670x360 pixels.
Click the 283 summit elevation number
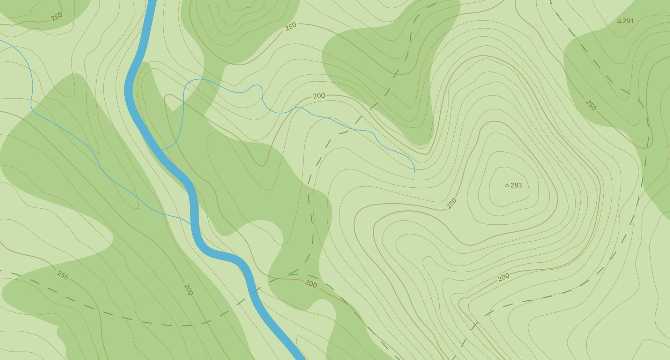(x=516, y=185)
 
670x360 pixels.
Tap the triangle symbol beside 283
(x=507, y=185)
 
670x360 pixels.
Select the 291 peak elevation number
(x=628, y=21)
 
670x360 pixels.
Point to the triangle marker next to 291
(x=619, y=21)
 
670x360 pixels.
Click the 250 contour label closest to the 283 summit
(x=451, y=203)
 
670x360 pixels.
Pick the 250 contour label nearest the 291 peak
(x=590, y=105)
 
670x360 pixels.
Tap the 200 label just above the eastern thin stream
(x=319, y=96)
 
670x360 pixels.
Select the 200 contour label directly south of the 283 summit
(x=503, y=277)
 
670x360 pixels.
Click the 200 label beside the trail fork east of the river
(x=311, y=284)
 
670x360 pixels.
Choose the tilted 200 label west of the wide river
(x=188, y=289)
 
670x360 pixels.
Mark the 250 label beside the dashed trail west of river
(x=62, y=275)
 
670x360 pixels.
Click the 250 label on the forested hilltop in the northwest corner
(x=57, y=16)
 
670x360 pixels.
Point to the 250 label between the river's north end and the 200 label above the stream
(x=290, y=26)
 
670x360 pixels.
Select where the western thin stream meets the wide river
(x=191, y=224)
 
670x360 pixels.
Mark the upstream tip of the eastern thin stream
(x=415, y=172)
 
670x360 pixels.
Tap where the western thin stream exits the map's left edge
(x=1, y=41)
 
